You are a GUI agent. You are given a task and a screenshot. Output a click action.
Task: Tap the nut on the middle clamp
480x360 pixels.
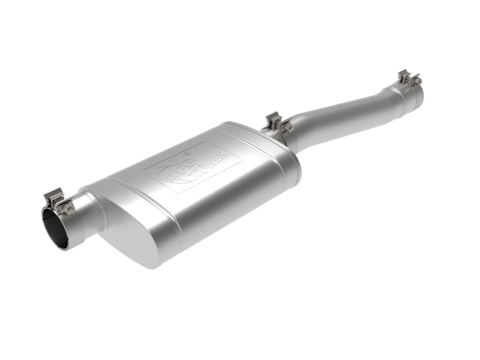289,127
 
